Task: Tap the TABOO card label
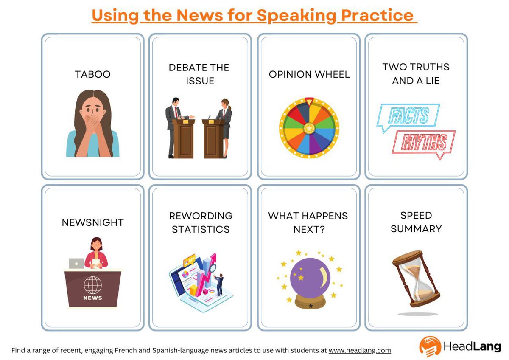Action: tap(92, 74)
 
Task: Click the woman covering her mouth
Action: tap(92, 123)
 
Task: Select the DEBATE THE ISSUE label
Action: tap(199, 74)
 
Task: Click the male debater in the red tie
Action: tap(174, 123)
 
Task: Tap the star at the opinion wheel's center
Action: tap(309, 127)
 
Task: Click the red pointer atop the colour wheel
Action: tap(309, 101)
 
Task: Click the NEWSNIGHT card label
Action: tap(92, 222)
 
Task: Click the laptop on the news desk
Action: tap(76, 263)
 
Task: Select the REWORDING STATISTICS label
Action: tap(201, 222)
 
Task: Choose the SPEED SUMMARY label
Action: tap(416, 222)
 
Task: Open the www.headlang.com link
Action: tap(360, 350)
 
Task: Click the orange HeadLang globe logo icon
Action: tap(430, 346)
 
